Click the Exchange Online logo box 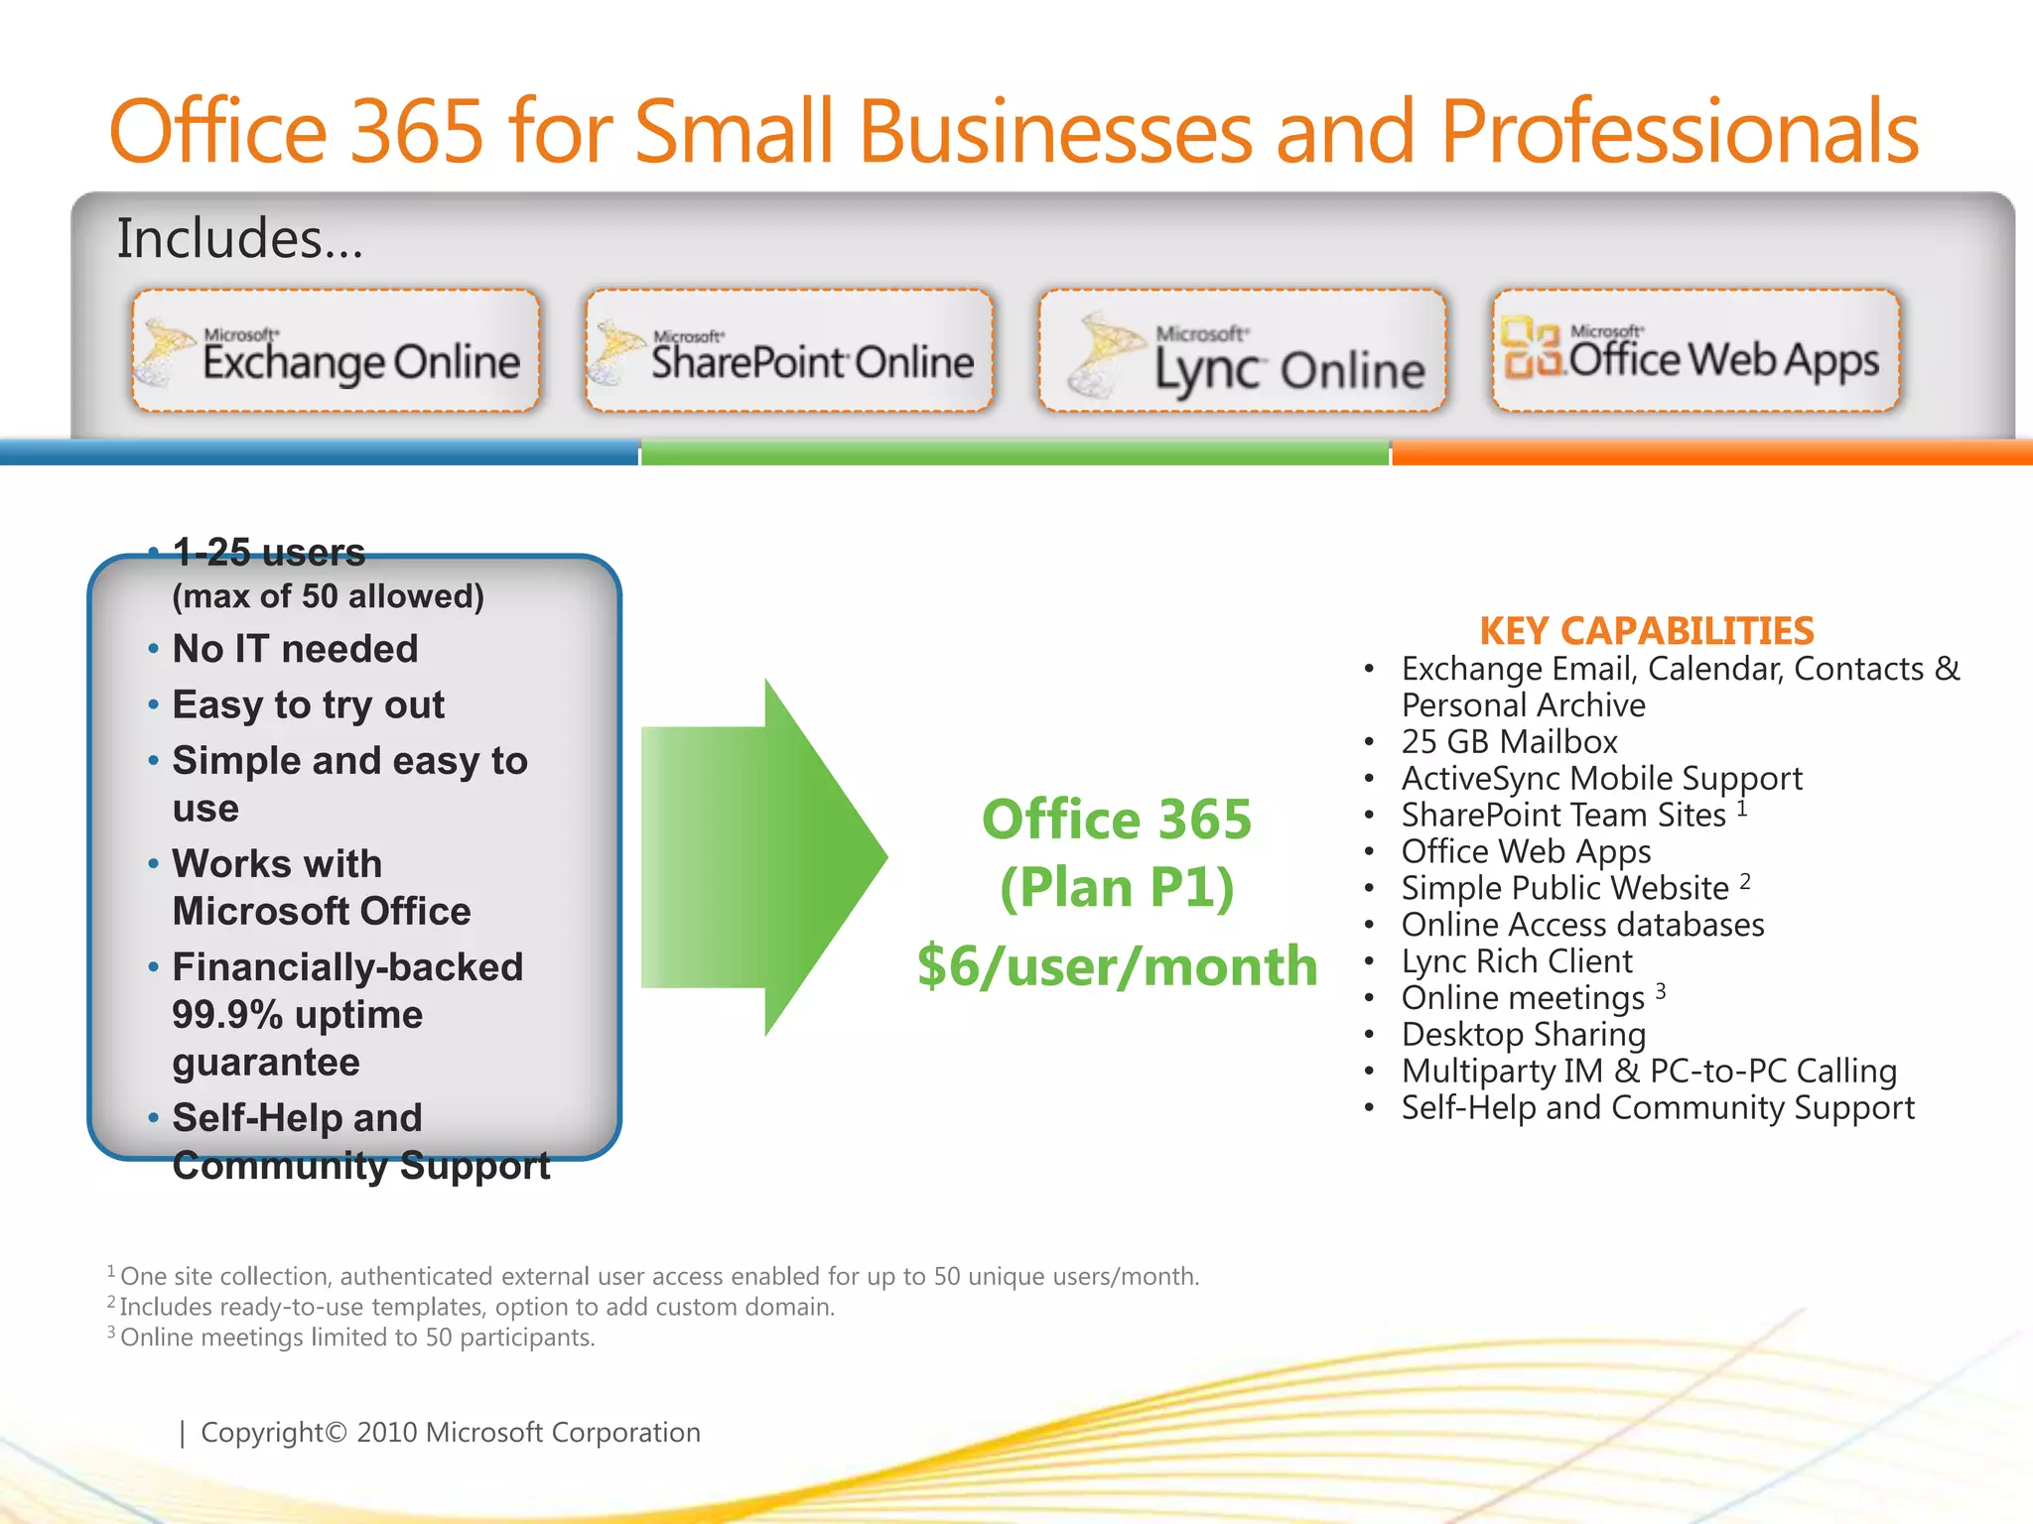point(336,350)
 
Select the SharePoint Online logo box point(789,350)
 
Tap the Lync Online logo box point(1242,350)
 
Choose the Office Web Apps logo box point(1695,350)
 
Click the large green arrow point(764,857)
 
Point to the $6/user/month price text point(1117,966)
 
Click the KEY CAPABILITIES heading point(1646,631)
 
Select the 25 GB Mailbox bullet point(1509,742)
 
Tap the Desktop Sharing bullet point(1523,1035)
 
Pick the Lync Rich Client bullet point(1516,961)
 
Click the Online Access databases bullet point(1582,925)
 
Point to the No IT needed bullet point(295,649)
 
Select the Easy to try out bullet point(308,704)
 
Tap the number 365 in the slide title point(417,131)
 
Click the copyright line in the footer point(450,1433)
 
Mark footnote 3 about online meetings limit point(356,1337)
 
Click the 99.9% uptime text point(297,1015)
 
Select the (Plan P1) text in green point(1117,887)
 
